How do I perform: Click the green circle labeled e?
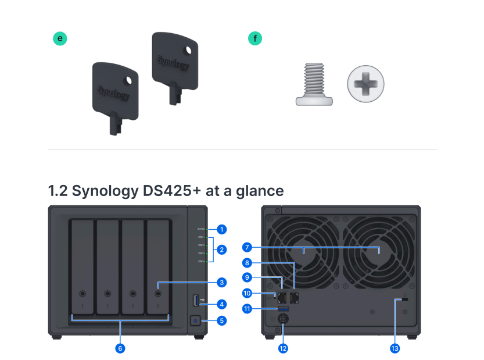point(60,38)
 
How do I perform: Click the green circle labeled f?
point(254,38)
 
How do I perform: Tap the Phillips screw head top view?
point(365,85)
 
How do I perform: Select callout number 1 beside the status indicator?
point(221,229)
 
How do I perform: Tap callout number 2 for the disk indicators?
point(221,249)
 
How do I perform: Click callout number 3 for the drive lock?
point(221,282)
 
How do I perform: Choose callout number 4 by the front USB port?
point(221,303)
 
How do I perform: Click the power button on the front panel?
point(195,320)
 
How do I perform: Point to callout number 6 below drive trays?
point(120,348)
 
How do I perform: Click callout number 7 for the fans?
point(247,247)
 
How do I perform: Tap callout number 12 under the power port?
point(283,348)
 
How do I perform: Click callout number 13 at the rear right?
point(395,348)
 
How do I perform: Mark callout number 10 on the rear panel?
point(247,293)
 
